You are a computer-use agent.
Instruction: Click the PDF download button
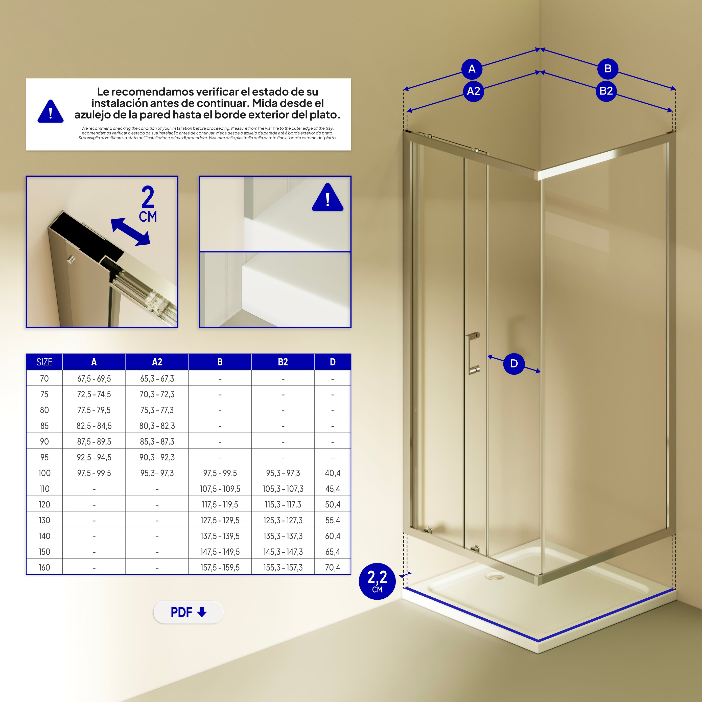pos(188,612)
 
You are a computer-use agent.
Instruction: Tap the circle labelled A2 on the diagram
pos(474,91)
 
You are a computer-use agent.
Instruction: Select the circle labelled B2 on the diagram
pos(606,90)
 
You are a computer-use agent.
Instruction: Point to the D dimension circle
pos(514,364)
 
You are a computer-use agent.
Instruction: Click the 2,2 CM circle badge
pos(377,581)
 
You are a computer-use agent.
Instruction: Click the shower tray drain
pos(495,576)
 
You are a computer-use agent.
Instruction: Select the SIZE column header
pos(44,362)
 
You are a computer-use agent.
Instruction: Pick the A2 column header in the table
pos(157,362)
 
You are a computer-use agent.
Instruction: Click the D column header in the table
pos(333,362)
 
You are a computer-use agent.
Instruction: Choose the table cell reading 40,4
pos(333,473)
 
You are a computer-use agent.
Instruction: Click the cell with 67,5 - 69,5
pos(94,379)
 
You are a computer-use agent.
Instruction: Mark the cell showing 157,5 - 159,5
pos(220,568)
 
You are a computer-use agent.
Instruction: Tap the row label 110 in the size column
pos(44,489)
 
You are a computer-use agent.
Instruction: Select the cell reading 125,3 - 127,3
pos(283,520)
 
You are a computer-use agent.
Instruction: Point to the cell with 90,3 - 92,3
pos(157,457)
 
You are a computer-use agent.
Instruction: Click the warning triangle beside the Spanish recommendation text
pos(51,111)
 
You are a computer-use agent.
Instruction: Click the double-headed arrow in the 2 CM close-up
pos(130,232)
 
